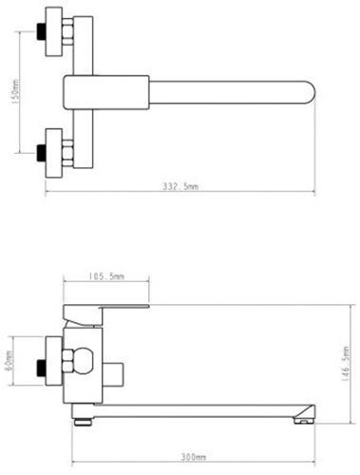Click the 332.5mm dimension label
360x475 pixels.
pos(180,186)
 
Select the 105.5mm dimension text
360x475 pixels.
pos(105,276)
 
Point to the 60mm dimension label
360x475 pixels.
pos(9,360)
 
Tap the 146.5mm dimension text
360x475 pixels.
pos(347,364)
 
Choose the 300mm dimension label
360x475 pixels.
pos(194,457)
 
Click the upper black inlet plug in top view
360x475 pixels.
pos(41,31)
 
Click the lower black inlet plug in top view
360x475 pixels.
pos(41,153)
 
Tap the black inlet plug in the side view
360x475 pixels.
pos(41,368)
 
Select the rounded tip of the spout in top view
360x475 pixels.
pos(310,92)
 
